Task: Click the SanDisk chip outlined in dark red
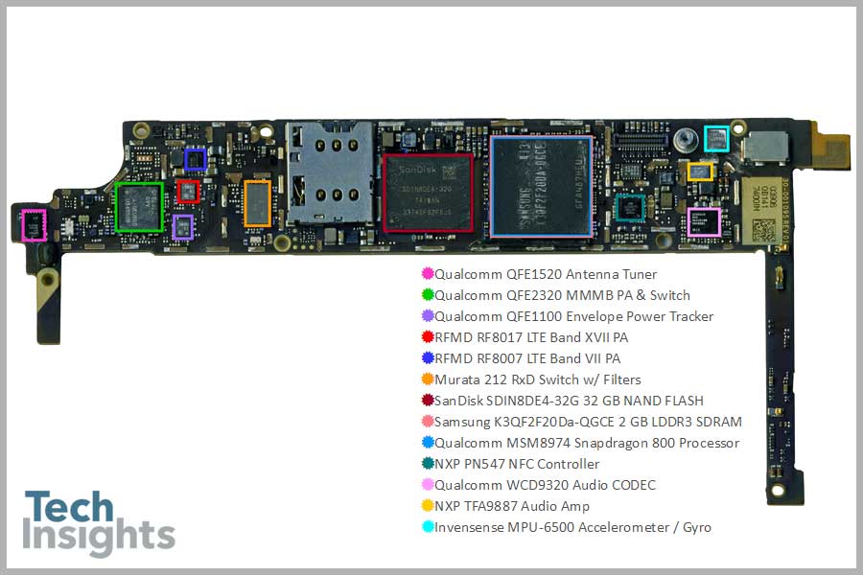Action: tap(429, 194)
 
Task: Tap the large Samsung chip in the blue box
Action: tap(541, 186)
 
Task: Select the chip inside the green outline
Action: tap(138, 206)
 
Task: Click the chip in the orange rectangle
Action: tap(257, 203)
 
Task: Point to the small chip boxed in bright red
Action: tap(188, 192)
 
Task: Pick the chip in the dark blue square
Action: tap(195, 159)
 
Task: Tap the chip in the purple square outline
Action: tap(182, 227)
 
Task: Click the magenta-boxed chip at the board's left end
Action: tap(34, 226)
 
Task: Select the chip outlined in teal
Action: tap(630, 208)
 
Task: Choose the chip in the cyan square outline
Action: tap(717, 139)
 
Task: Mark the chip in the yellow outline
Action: tap(700, 172)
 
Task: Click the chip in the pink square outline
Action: tap(705, 221)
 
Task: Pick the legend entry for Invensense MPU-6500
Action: tap(572, 527)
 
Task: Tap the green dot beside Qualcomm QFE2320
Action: tap(428, 295)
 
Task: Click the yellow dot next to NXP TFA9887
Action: tap(428, 506)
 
